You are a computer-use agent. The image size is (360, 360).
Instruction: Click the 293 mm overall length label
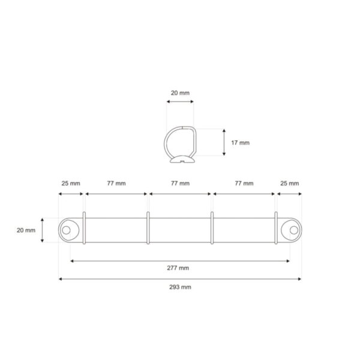(x=179, y=287)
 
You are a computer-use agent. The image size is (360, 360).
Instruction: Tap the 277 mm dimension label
(x=179, y=268)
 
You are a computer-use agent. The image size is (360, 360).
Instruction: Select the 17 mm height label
(x=240, y=143)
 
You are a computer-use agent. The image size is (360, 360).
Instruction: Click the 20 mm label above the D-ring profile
(x=179, y=94)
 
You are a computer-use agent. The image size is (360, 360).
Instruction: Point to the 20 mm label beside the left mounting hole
(x=26, y=230)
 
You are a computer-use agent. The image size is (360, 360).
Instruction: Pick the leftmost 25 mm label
(x=70, y=183)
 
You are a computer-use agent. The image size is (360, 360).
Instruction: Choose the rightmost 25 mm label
(x=289, y=183)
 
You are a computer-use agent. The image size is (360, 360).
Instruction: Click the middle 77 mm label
(x=179, y=183)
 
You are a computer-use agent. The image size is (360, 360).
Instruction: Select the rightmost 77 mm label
(x=243, y=183)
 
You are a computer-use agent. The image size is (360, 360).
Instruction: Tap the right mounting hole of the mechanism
(x=293, y=229)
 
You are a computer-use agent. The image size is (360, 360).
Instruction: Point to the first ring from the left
(x=84, y=228)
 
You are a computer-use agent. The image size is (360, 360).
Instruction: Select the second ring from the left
(x=148, y=228)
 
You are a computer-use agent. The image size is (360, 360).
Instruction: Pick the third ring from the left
(x=212, y=228)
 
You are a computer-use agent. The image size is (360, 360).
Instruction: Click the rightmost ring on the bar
(x=276, y=228)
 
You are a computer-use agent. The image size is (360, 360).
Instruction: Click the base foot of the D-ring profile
(x=180, y=160)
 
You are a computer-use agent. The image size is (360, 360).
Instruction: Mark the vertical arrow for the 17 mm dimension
(x=224, y=143)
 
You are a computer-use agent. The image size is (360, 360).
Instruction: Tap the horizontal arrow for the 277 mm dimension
(x=180, y=261)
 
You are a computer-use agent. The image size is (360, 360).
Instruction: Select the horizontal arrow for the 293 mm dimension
(x=180, y=279)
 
